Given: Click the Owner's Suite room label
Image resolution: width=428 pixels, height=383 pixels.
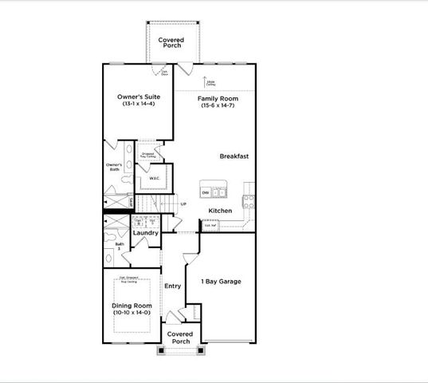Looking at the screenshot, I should [139, 97].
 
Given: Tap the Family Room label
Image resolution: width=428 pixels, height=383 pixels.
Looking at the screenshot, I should [218, 97].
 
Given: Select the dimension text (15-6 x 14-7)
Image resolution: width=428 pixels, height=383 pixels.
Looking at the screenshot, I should [218, 105].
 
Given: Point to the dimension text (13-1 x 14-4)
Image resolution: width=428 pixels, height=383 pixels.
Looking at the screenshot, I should [139, 105].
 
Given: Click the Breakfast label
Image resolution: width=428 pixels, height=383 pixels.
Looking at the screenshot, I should [235, 156].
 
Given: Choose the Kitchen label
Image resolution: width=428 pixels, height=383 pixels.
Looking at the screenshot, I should [220, 211].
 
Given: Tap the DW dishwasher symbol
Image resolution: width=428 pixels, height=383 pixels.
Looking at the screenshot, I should [205, 193].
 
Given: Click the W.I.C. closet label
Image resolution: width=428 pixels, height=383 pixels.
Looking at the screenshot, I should [155, 179].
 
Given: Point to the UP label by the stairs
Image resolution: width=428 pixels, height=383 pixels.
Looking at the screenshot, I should [183, 204].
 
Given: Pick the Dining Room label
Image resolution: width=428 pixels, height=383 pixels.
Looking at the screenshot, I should [131, 304].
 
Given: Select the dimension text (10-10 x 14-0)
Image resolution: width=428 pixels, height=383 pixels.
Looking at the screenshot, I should [131, 312].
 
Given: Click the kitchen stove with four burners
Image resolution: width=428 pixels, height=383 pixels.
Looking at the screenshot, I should [249, 199].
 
